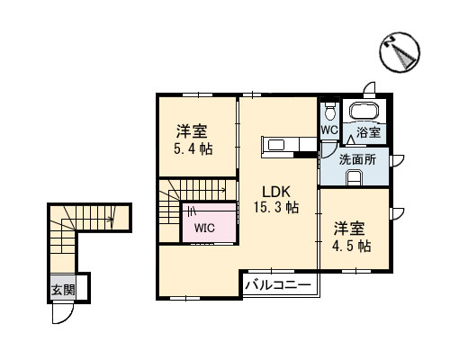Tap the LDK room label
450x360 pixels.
click(276, 191)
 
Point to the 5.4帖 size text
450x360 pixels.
click(193, 148)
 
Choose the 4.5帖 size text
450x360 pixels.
click(352, 245)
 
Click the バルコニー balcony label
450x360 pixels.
click(278, 285)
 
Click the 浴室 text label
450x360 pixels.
click(368, 133)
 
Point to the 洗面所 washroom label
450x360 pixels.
click(357, 159)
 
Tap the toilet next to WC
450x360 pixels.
click(330, 112)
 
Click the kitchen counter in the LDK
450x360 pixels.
click(274, 145)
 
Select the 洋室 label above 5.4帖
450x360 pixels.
click(193, 130)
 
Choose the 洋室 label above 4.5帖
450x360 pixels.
click(352, 226)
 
